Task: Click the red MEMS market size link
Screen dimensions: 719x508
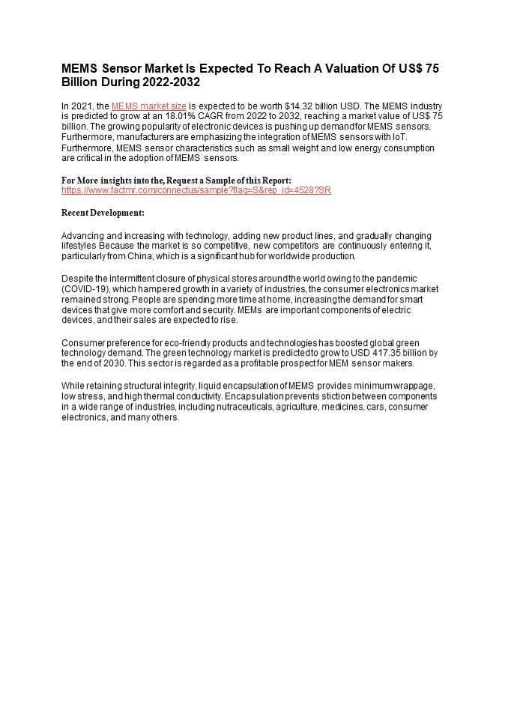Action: (x=149, y=106)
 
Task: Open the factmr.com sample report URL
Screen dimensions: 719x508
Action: (x=196, y=190)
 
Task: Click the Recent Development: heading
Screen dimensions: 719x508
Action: (x=103, y=213)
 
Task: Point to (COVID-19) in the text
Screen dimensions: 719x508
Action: (x=85, y=289)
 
